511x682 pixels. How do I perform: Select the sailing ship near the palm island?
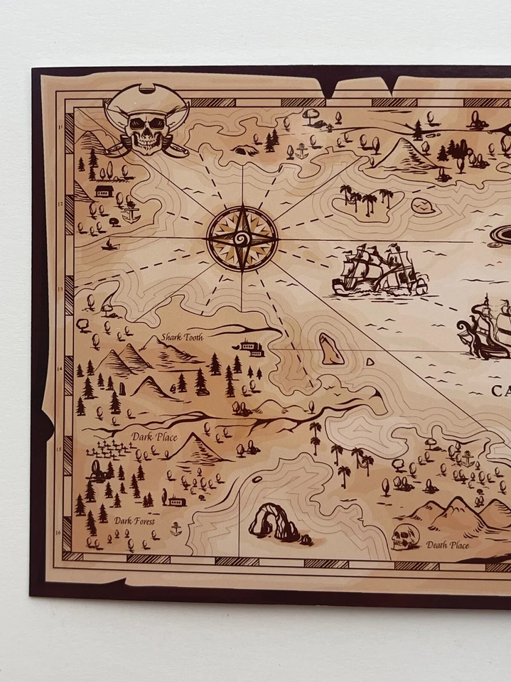coord(380,271)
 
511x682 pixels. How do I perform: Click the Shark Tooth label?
coord(181,337)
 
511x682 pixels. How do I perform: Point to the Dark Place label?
coord(154,437)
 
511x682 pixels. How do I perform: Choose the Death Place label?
coord(448,546)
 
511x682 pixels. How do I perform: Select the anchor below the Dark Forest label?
coord(176,529)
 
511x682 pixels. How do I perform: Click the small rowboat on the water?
coord(108,245)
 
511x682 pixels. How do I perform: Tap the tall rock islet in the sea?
coord(330,349)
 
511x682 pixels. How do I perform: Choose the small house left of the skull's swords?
coord(104,192)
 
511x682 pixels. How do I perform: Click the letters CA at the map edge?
coord(500,390)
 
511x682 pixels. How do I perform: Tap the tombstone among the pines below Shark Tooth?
coord(122,389)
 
